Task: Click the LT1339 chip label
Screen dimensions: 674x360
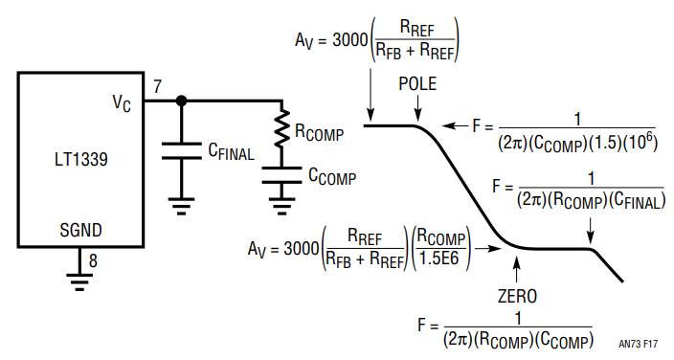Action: [80, 160]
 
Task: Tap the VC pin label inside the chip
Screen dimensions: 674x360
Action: [122, 103]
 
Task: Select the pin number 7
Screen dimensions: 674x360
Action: [157, 86]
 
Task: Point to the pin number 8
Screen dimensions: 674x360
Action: [93, 260]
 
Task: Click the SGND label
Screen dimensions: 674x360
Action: [80, 230]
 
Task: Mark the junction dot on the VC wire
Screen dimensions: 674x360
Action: [181, 101]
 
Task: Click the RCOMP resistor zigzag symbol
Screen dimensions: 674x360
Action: [282, 128]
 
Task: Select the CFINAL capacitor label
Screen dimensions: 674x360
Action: [232, 151]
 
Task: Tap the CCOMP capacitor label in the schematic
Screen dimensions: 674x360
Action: [332, 176]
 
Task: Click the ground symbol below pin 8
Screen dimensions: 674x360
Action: [79, 282]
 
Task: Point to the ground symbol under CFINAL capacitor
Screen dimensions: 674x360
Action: [181, 206]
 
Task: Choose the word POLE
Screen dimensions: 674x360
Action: [417, 84]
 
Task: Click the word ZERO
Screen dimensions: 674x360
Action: [518, 296]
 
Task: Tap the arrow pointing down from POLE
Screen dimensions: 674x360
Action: [417, 108]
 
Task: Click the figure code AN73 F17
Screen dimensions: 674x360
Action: [639, 344]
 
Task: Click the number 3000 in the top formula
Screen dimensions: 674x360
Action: [350, 40]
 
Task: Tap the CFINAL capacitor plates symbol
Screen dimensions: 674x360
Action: [181, 151]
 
